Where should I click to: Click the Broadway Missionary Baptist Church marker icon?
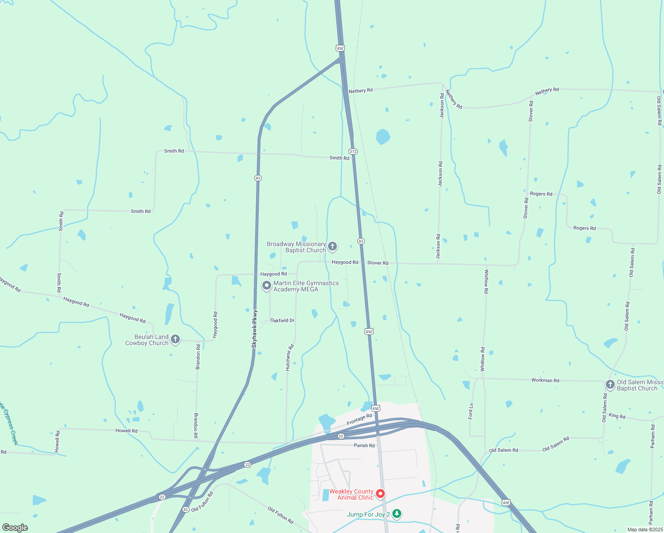coord(332,246)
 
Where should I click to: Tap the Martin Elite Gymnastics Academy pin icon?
coord(266,286)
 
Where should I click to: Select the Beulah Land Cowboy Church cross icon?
coord(175,339)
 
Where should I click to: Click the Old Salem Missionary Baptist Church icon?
coord(610,384)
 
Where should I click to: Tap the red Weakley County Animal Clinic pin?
coord(380,493)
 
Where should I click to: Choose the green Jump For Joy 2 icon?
coord(397,514)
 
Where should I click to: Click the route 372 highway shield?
coord(353,151)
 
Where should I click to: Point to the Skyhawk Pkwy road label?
coord(254,328)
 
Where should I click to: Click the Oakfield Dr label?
coord(282,320)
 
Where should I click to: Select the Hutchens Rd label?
coord(289,358)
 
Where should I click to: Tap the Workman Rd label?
coord(545,380)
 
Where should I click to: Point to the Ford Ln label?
coord(470,411)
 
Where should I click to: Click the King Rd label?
coord(617,416)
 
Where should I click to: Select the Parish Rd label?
coord(364,445)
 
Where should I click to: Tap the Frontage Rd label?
coord(359,419)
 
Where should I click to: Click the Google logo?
coord(15,527)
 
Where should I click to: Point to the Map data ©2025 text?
coord(645,529)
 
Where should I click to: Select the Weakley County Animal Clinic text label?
coord(351,494)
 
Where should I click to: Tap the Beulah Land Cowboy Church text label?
coord(147,340)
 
